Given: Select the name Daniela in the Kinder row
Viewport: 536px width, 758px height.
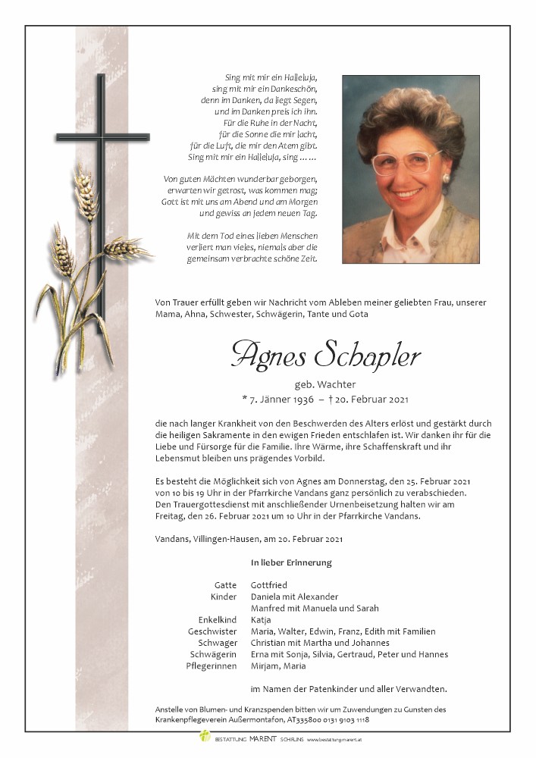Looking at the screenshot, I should point(268,596).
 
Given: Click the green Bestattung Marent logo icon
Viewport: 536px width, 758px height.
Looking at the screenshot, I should point(204,736).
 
